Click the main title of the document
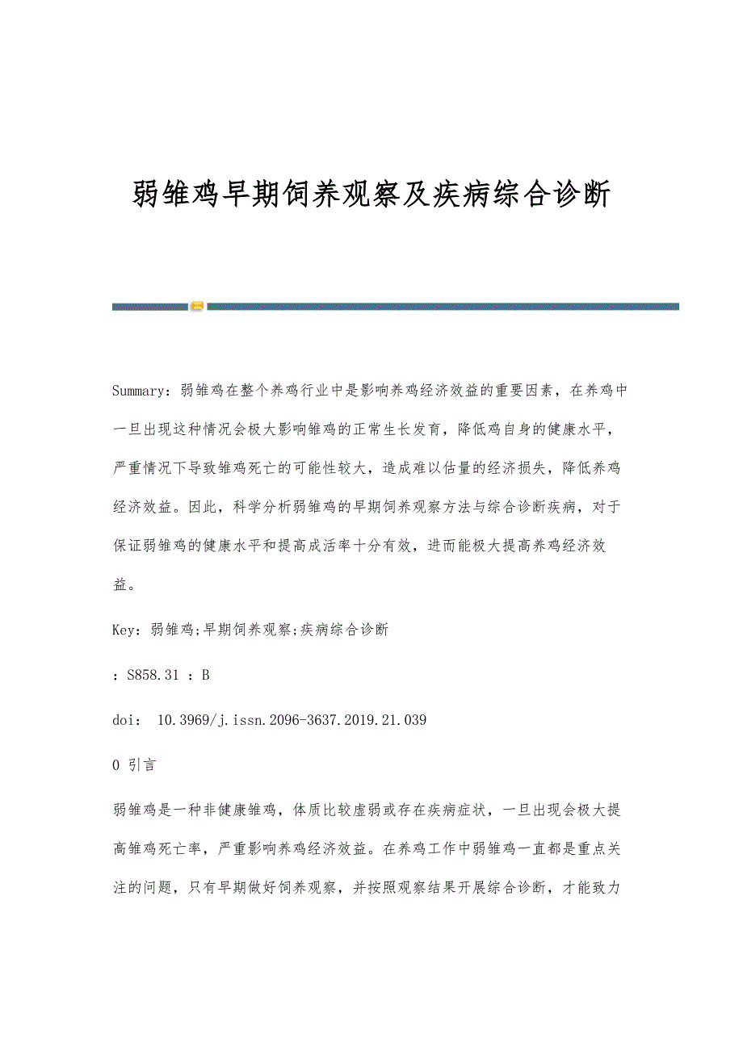tap(371, 195)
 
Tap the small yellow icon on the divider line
tap(197, 307)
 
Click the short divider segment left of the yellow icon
tap(149, 307)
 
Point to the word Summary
tap(138, 391)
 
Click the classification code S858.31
tap(153, 675)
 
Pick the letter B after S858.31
tap(205, 675)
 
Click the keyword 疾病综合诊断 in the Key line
tap(344, 630)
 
